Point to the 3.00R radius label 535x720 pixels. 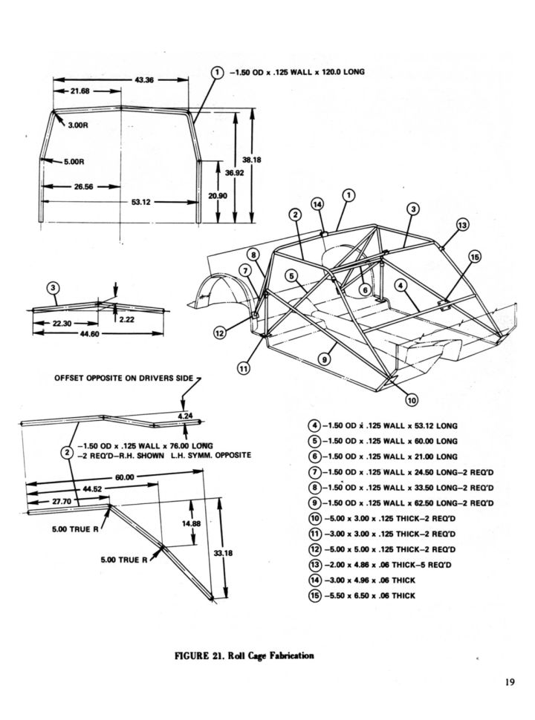tap(78, 125)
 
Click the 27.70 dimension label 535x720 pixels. tap(61, 503)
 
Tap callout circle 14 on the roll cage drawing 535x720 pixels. tap(317, 203)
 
